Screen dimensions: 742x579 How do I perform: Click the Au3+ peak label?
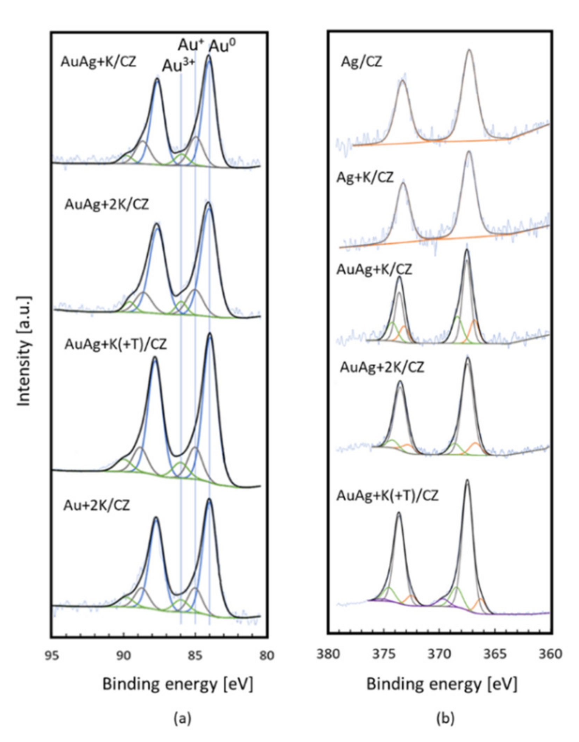pos(177,66)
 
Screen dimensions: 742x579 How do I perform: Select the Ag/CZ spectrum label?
pos(361,62)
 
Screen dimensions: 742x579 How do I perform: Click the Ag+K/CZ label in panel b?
pos(365,178)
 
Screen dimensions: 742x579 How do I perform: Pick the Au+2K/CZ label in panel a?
pos(96,505)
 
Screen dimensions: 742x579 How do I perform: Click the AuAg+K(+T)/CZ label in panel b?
pos(387,496)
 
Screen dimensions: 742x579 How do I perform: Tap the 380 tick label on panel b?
pos(328,654)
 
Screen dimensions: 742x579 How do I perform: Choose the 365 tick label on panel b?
pos(496,654)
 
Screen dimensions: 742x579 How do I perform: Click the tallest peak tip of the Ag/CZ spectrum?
pos(469,50)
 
